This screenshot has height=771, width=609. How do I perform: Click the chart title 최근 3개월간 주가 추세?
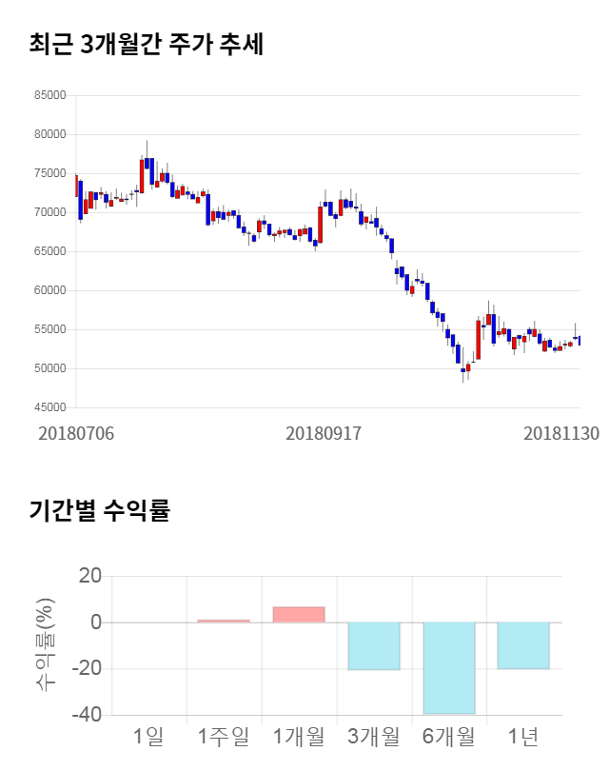(x=146, y=44)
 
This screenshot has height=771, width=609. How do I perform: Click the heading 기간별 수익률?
(x=99, y=510)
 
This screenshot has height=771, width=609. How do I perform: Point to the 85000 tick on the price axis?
(x=52, y=95)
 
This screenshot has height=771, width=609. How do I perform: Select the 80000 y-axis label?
(x=52, y=134)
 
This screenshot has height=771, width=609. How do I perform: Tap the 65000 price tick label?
(x=52, y=251)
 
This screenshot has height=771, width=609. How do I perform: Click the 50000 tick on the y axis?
(x=52, y=368)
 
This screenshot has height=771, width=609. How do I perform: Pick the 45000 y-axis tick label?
(x=52, y=407)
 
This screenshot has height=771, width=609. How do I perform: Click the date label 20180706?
(x=76, y=433)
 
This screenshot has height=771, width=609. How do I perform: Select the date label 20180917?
(x=324, y=433)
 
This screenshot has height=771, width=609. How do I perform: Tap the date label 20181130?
(x=561, y=433)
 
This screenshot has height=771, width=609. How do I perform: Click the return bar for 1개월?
(x=299, y=615)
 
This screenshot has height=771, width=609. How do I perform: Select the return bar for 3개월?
(x=374, y=646)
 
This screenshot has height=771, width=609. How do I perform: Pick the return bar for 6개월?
(x=449, y=668)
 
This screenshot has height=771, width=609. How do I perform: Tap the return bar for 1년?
(x=523, y=645)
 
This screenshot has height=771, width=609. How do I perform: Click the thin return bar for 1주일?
(x=224, y=621)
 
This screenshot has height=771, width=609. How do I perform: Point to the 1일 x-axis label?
(x=148, y=736)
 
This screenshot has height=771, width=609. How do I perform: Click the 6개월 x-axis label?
(x=449, y=736)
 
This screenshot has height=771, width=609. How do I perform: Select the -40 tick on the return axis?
(x=88, y=715)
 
